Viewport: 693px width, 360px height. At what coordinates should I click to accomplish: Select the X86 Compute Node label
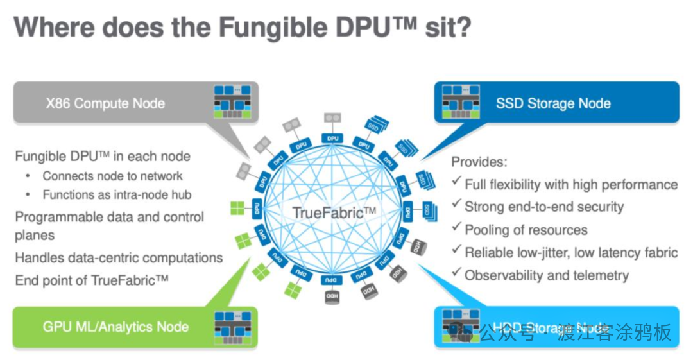coord(105,103)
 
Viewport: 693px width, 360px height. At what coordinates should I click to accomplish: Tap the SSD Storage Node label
coord(553,103)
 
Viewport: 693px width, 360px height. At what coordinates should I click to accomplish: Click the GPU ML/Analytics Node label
coord(116,327)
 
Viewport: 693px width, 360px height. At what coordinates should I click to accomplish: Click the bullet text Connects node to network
coord(112,176)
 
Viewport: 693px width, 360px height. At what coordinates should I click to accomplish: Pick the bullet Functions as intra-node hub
coord(117,194)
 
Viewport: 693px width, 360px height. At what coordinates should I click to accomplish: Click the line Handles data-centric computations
coord(119,258)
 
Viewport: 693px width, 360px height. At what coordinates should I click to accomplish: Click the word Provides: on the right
coord(479,162)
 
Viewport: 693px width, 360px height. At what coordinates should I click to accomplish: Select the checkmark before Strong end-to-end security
coord(456,206)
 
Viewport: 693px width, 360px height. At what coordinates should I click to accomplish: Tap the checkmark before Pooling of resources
coord(456,229)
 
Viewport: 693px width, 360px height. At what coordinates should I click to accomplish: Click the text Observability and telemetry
coord(547,275)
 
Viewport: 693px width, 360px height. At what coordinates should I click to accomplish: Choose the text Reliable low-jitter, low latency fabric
coord(571,252)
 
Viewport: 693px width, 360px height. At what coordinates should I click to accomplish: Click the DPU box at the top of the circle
coord(332,138)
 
